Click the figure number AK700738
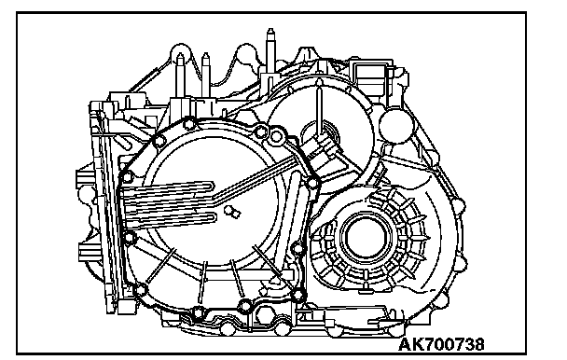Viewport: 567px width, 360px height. click(441, 344)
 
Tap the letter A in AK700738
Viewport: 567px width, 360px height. click(405, 344)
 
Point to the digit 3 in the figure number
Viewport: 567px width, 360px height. click(467, 344)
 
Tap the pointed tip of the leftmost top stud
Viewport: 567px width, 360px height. click(180, 54)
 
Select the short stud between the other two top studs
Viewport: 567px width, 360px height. click(205, 75)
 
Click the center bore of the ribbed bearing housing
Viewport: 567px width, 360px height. click(366, 238)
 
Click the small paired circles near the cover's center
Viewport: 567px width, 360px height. click(232, 212)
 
